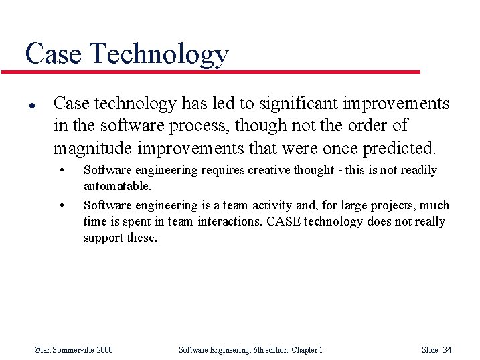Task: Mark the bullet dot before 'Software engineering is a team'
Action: pyautogui.click(x=62, y=205)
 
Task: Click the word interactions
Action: pyautogui.click(x=230, y=221)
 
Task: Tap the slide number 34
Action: pyautogui.click(x=448, y=349)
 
